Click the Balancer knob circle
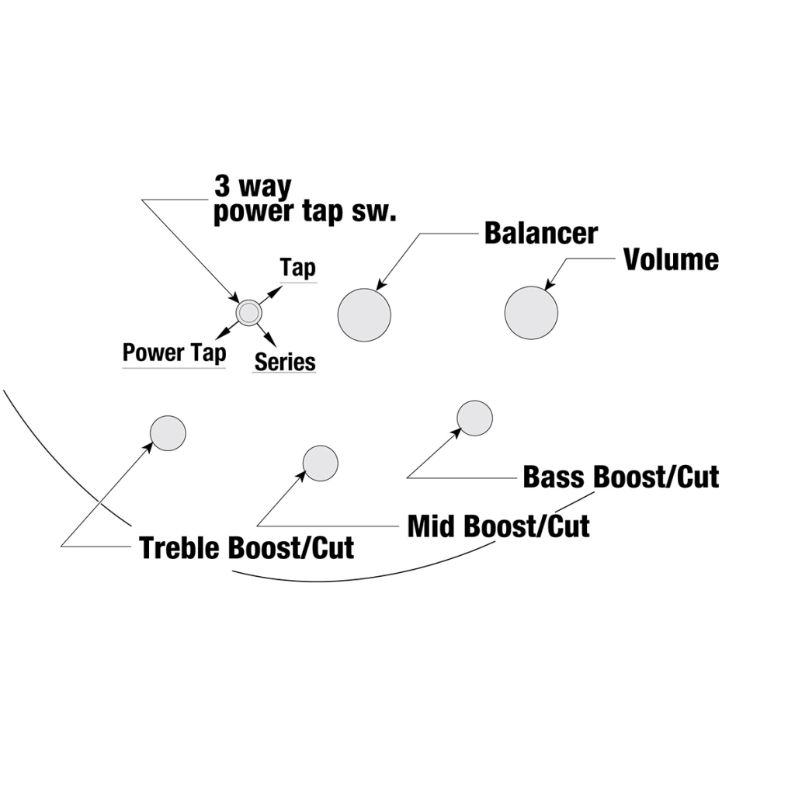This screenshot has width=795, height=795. [x=364, y=314]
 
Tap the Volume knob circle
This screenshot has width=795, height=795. [x=531, y=313]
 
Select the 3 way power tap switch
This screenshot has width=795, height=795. [x=249, y=312]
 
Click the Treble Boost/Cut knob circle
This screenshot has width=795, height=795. [x=168, y=433]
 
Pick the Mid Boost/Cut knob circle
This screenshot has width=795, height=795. [x=320, y=463]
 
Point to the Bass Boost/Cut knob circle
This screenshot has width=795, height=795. [x=474, y=418]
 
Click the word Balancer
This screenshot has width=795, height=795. [x=540, y=233]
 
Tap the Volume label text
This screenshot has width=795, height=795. [x=671, y=259]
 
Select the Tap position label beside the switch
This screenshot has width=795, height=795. [x=298, y=269]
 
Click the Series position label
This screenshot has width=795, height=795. [x=285, y=362]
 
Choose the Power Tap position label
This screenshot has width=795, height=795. [x=175, y=353]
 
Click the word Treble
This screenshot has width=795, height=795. [x=181, y=548]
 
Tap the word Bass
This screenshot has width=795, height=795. [x=554, y=476]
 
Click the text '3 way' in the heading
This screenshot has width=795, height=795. [x=252, y=187]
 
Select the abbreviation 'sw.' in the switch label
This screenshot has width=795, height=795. [x=375, y=212]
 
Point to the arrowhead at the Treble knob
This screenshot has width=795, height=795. [x=150, y=445]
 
